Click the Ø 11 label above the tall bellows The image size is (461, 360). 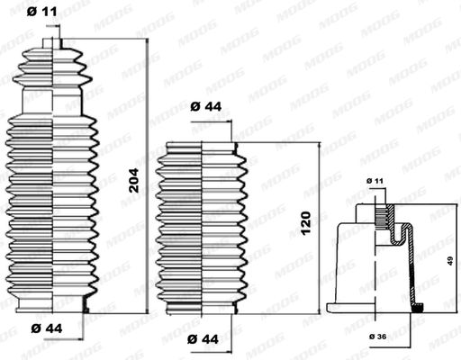point(41,12)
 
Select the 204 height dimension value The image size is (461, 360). point(134,180)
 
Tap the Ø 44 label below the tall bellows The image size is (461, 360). point(47,328)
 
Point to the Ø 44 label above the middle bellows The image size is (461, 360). point(206,106)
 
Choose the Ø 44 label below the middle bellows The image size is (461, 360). point(203,339)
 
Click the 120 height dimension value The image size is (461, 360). point(306,223)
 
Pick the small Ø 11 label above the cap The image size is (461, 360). point(375,181)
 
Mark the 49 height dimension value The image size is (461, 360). point(450,260)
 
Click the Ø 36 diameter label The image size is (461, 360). point(378,337)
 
